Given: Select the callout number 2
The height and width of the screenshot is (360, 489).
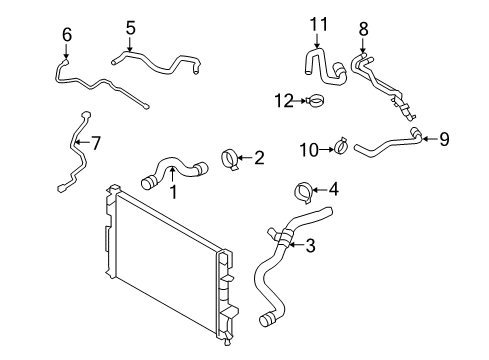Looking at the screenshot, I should pos(258,156).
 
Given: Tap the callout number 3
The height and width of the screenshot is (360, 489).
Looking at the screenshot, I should pos(310,245).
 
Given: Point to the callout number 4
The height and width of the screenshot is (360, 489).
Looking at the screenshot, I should pos(333,187).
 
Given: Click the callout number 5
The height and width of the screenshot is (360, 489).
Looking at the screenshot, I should pos(130,27).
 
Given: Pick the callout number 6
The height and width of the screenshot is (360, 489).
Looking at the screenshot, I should pos(67,35).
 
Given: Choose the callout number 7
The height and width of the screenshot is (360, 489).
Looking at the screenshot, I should pos(95,142).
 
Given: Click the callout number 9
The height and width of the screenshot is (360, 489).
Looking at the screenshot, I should pos(444,139).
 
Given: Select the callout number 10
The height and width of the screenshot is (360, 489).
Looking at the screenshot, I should pos(308,149).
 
